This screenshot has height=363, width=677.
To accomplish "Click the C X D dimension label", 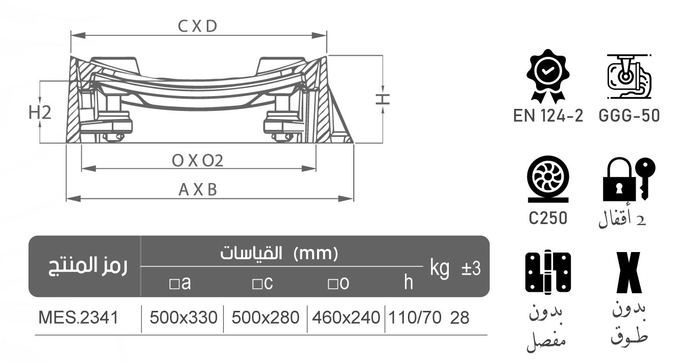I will coord(198,27).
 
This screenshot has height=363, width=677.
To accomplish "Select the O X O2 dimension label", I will coord(198,161).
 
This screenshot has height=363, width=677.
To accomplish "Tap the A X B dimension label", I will coord(198,190).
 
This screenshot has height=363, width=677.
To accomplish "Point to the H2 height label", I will coord(40,112).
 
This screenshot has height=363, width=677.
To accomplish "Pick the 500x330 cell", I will coord(183,318).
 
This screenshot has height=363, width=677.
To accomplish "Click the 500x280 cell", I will coord(265,318).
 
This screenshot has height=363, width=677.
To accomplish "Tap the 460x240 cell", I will coord(346,318).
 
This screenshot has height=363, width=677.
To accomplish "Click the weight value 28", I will coord(460,318).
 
